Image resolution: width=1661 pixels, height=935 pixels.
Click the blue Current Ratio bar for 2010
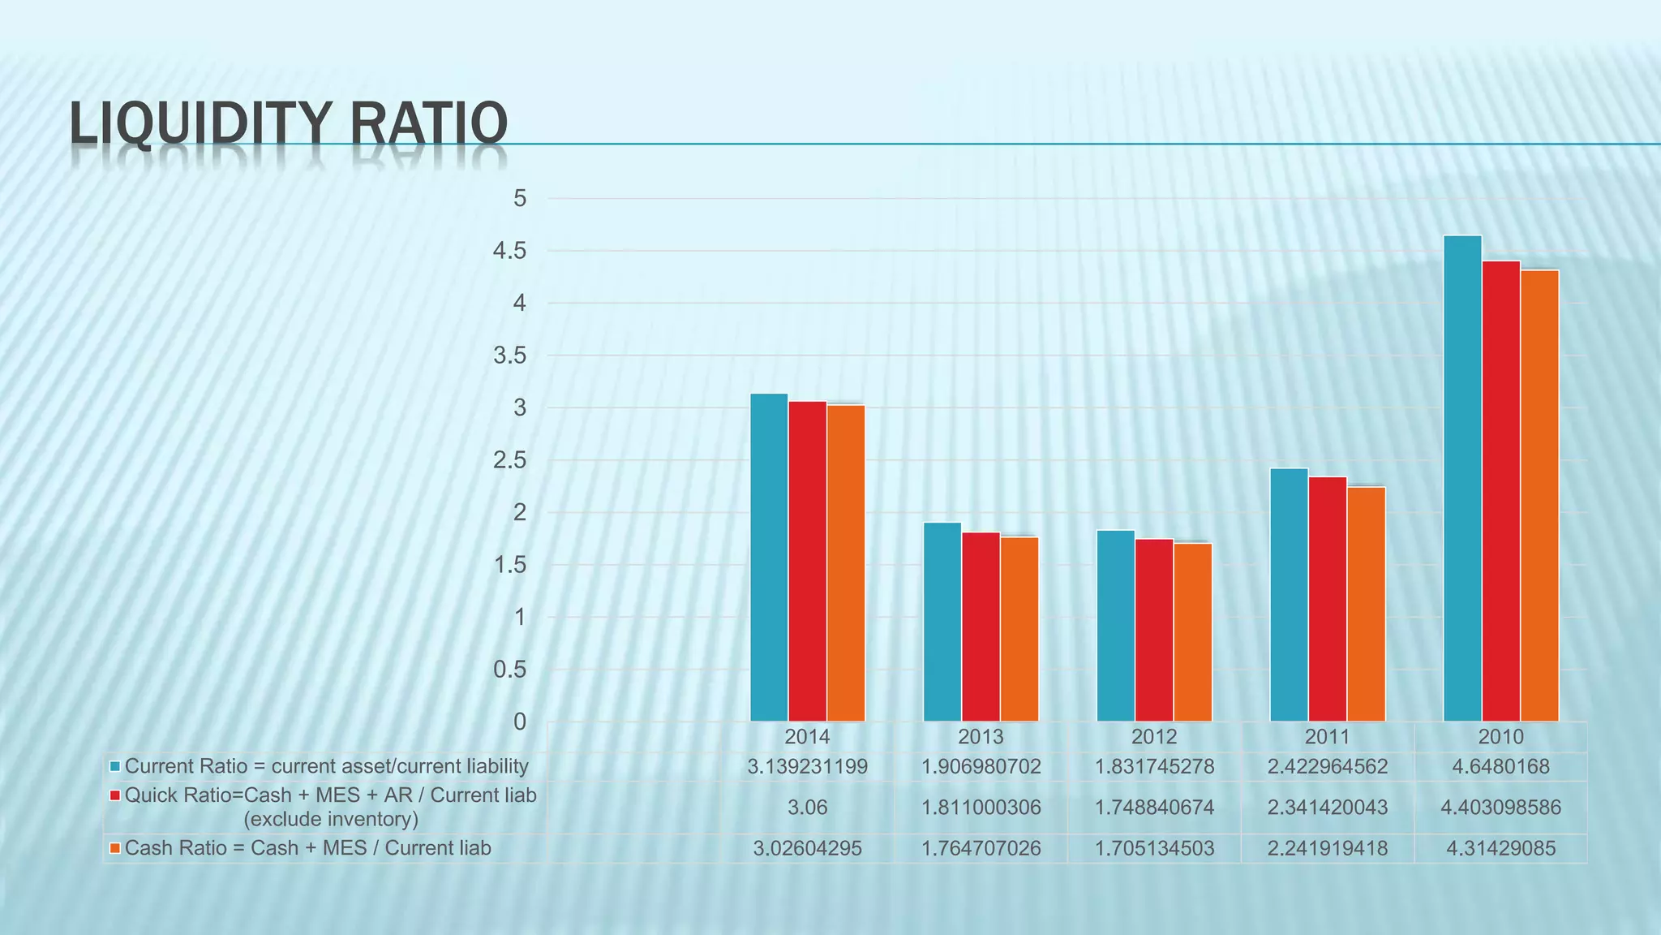tap(1462, 479)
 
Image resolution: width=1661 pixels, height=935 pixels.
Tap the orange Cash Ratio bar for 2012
tap(1192, 632)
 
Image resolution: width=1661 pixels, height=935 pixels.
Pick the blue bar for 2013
tap(942, 622)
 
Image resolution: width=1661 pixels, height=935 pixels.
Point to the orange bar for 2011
tap(1366, 605)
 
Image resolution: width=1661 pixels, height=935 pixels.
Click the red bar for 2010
tap(1500, 491)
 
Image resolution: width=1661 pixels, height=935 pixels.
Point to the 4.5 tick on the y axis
tap(509, 251)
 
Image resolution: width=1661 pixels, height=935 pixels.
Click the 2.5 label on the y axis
tap(509, 460)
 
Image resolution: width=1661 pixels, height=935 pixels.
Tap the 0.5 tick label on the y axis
tap(509, 670)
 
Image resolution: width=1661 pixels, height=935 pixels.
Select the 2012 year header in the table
tap(1154, 737)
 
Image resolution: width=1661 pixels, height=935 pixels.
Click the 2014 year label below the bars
tap(807, 737)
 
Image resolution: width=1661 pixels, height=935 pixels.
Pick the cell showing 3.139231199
tap(807, 766)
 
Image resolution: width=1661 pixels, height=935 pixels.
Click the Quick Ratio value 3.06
tap(807, 808)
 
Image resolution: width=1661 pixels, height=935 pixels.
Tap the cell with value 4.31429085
tap(1500, 848)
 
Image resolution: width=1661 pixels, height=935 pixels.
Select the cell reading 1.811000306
tap(981, 808)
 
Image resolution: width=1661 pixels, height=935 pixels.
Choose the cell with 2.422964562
tap(1328, 766)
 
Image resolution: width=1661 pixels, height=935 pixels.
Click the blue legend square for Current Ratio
tap(115, 766)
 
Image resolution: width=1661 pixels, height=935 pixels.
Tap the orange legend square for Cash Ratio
tap(115, 848)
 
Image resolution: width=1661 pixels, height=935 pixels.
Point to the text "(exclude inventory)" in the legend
tap(331, 819)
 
